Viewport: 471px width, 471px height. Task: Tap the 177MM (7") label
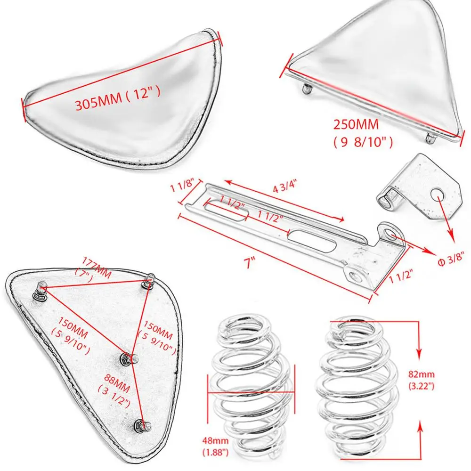tap(94, 267)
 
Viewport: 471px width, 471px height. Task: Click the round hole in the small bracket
tap(436, 194)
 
